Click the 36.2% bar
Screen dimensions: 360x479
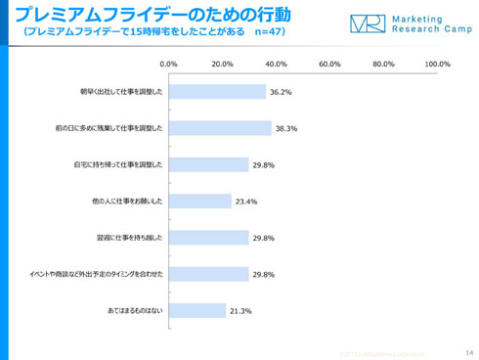pyautogui.click(x=216, y=92)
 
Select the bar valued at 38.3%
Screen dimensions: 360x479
pyautogui.click(x=219, y=128)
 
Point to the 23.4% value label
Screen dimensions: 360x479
pyautogui.click(x=244, y=202)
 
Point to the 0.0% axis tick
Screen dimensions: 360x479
pyautogui.click(x=168, y=65)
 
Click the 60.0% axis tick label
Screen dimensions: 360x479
pyautogui.click(x=329, y=65)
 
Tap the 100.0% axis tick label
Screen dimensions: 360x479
pyautogui.click(x=436, y=65)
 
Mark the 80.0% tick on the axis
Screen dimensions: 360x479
pyautogui.click(x=383, y=65)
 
